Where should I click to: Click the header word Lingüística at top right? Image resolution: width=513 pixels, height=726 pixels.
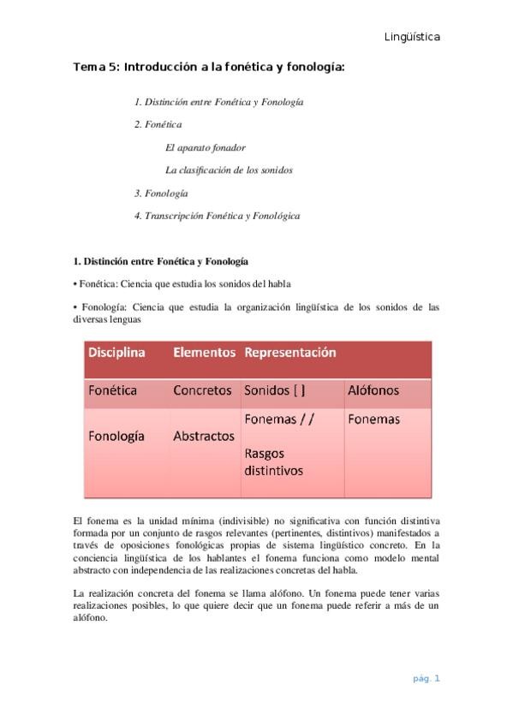(412, 37)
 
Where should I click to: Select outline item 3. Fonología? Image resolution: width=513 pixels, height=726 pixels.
(161, 193)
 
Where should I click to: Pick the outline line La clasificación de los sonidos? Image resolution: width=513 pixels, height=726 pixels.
(229, 170)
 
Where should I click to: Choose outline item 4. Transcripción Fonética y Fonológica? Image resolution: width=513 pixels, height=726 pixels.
(217, 217)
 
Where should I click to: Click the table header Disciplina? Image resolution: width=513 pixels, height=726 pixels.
(116, 353)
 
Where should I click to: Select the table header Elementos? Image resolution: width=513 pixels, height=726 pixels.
(204, 353)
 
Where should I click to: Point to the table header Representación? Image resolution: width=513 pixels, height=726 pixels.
(290, 353)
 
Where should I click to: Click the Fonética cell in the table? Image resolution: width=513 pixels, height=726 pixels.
(113, 390)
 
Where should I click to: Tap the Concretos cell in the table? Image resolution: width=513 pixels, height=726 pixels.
(202, 390)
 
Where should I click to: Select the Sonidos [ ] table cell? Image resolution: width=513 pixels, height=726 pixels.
(275, 390)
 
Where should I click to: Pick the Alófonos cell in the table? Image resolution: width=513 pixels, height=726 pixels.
(373, 390)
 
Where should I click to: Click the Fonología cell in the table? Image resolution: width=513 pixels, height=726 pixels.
(116, 436)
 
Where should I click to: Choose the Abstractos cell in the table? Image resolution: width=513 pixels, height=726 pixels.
(204, 436)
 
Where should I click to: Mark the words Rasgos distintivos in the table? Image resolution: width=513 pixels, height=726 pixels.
(274, 461)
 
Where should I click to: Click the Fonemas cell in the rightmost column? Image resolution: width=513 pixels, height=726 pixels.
(373, 420)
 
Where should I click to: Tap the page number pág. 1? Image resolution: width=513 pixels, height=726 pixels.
(426, 679)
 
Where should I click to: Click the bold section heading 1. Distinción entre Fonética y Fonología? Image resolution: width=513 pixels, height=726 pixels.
(161, 260)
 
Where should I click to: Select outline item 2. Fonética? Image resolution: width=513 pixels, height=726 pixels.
(158, 124)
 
